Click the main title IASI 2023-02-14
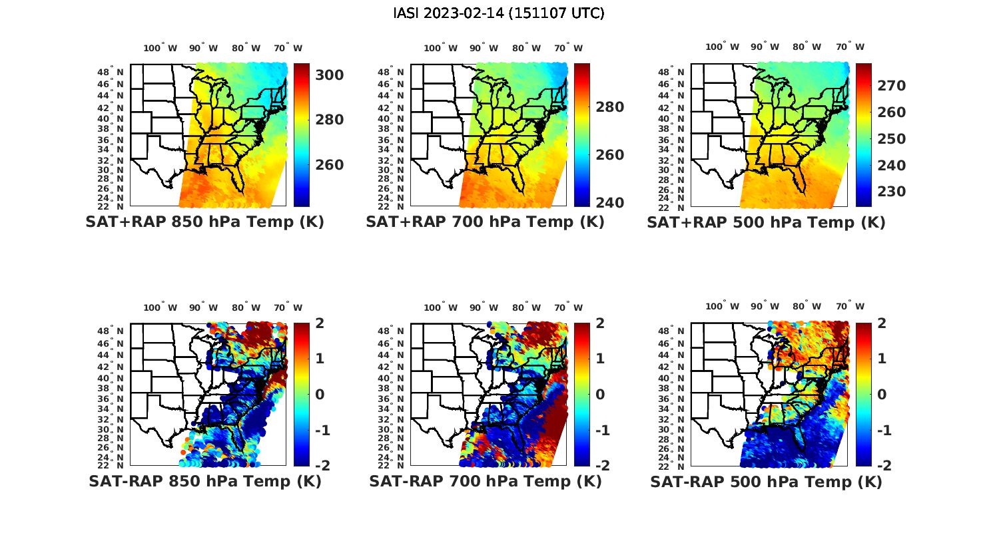click(499, 13)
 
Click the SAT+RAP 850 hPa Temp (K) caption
click(204, 222)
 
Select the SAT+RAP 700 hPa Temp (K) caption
click(485, 222)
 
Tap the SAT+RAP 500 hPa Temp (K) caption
click(766, 222)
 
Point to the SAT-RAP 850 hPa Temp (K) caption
click(204, 481)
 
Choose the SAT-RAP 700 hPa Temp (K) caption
click(485, 481)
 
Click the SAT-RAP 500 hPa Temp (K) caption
click(766, 481)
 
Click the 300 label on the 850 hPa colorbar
click(329, 75)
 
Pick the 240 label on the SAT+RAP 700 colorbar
click(609, 202)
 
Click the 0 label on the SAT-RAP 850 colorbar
click(320, 394)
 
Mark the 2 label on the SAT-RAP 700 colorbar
click(601, 323)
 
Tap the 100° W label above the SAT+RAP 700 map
click(440, 48)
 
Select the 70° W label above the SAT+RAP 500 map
click(850, 47)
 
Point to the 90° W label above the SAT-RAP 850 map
click(203, 307)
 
